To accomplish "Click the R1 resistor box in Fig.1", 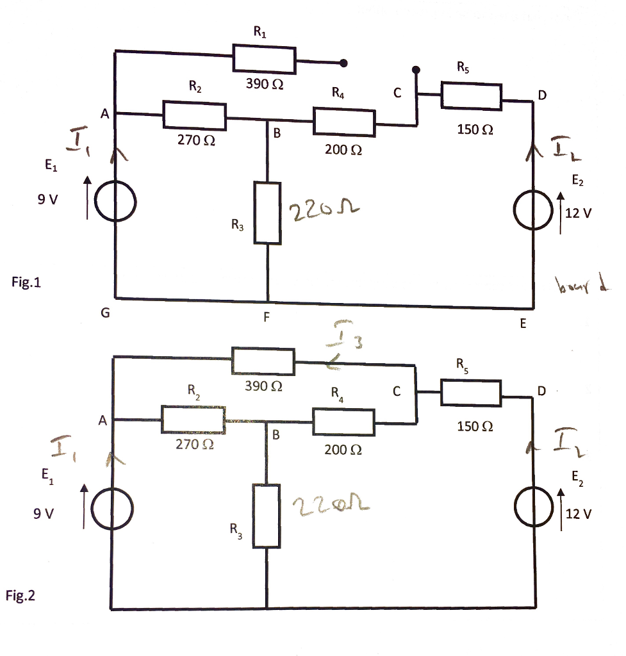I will coord(264,60).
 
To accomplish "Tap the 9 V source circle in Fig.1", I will coord(116,201).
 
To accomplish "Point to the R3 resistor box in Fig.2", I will coord(267,516).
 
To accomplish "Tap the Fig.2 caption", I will coord(21,596).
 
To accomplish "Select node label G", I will coord(105,313).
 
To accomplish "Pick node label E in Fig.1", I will coord(522,324).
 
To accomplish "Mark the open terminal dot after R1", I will coord(344,63).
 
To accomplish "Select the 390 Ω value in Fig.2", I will coord(263,386).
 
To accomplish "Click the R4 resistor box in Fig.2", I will coord(343,422).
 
